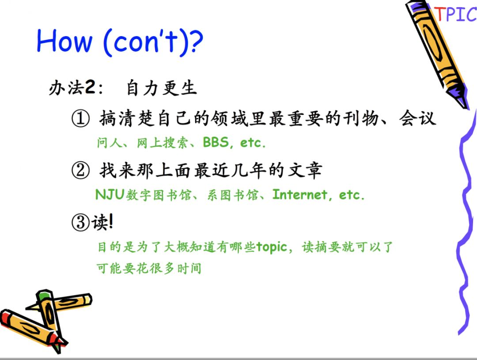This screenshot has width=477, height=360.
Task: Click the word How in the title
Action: point(64,41)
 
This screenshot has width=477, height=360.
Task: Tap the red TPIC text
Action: point(455,14)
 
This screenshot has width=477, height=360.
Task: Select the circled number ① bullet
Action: point(80,119)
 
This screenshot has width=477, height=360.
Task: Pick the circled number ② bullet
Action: point(80,170)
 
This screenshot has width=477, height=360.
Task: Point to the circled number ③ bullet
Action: point(80,222)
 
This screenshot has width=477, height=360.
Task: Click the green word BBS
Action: point(216,142)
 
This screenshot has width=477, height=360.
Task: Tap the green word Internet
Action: point(300,194)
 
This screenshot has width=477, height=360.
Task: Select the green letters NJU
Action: point(110,194)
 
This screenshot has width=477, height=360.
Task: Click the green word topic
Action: point(272,247)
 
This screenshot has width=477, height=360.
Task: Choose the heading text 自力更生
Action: point(161,88)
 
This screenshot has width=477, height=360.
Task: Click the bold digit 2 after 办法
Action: point(90,87)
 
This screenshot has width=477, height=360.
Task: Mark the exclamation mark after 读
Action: point(111,222)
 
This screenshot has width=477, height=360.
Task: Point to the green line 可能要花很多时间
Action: point(149,269)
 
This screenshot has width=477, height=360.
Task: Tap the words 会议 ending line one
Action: point(418,118)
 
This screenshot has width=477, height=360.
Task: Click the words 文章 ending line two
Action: point(305,170)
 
